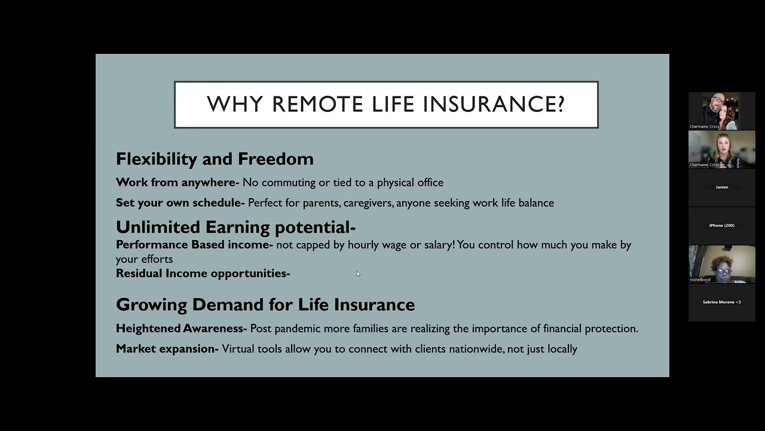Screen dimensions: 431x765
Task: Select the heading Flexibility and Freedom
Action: [215, 159]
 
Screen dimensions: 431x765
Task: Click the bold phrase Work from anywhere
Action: [176, 182]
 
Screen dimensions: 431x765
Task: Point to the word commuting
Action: [288, 182]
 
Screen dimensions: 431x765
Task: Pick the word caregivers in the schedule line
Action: [368, 203]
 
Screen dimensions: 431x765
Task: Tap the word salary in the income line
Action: [438, 244]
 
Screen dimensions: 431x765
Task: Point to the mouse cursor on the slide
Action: [358, 274]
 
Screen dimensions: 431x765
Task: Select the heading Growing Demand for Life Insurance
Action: [265, 304]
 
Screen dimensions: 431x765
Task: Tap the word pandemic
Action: [297, 329]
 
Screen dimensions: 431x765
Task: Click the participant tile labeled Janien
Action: [721, 187]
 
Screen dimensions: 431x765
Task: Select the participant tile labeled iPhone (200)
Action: [721, 226]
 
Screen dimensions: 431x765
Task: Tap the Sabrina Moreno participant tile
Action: [721, 302]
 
